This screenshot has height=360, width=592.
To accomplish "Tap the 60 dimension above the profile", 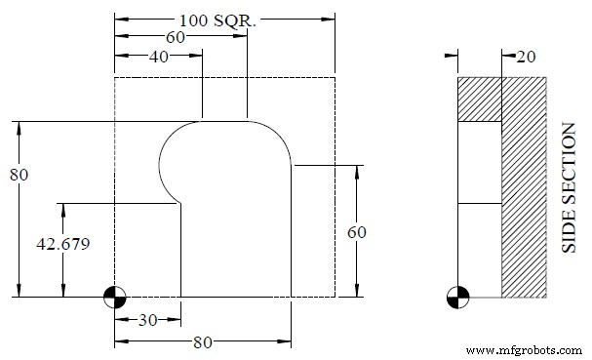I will [175, 37].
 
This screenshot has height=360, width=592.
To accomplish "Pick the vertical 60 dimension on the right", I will [358, 231].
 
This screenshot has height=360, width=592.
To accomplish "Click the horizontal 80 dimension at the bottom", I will [203, 342].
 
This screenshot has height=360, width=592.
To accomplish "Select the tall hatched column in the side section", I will [524, 185].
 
